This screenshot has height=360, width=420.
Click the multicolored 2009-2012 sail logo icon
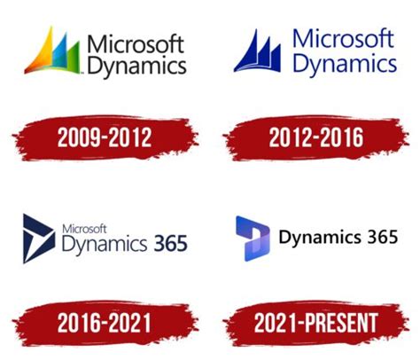pos(52,51)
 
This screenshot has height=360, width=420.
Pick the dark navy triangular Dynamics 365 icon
pos(39,239)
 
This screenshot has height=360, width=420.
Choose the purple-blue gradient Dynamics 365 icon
pos(253,239)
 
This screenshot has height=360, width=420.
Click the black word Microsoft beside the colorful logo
pos(136,44)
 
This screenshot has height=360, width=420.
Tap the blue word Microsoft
pos(343,39)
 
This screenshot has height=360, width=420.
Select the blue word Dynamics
pos(345,64)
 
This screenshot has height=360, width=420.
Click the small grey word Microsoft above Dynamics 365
pos(84,229)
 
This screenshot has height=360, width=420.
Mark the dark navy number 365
pos(171,243)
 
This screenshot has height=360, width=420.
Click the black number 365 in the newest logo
pos(383,237)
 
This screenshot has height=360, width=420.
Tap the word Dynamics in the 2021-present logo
pos(320,238)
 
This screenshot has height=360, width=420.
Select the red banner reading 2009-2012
pos(105,137)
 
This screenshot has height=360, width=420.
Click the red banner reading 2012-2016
pos(316,137)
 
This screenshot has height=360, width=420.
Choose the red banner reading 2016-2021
pos(105,323)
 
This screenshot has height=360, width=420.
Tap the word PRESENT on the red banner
pos(341,323)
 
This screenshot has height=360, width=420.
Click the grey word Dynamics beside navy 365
pos(105,245)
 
